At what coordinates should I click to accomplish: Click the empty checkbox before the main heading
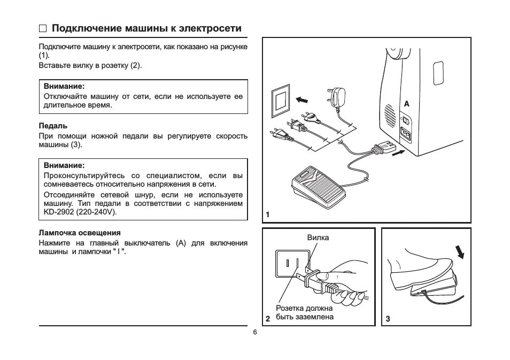(x=43, y=29)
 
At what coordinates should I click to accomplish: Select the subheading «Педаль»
(x=53, y=126)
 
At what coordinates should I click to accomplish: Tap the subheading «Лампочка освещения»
(x=80, y=233)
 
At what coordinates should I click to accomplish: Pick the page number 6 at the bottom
(x=255, y=332)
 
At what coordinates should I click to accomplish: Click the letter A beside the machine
(x=406, y=103)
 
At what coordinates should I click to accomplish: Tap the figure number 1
(x=267, y=215)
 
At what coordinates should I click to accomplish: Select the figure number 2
(x=267, y=319)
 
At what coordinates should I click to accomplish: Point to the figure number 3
(x=388, y=319)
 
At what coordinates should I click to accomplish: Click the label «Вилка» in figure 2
(x=318, y=238)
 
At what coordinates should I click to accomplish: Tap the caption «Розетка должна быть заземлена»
(x=304, y=312)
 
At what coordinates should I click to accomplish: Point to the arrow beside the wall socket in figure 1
(x=302, y=99)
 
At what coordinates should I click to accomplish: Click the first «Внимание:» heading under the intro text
(x=65, y=86)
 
